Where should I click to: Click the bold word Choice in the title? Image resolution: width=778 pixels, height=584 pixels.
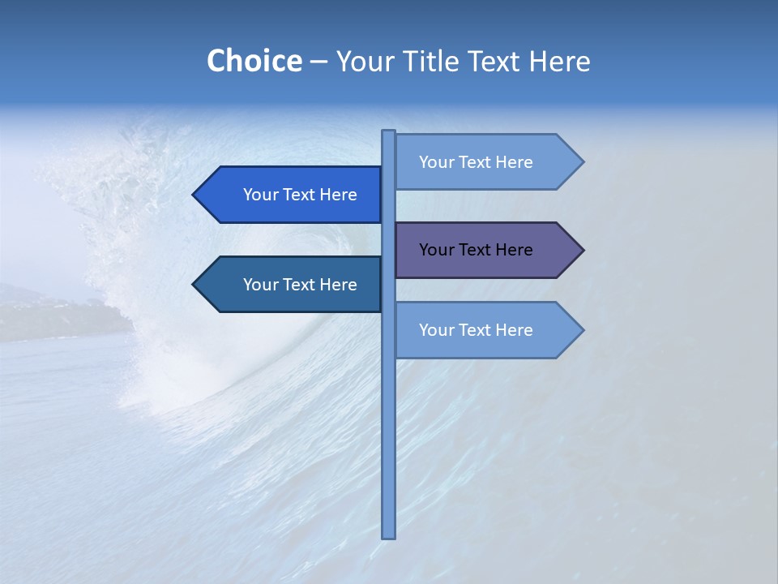coord(254,61)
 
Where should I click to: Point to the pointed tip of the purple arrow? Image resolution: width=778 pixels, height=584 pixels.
coord(582,250)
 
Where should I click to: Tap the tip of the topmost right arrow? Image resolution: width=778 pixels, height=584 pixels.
coord(582,162)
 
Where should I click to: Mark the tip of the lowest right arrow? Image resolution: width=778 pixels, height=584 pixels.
coord(582,330)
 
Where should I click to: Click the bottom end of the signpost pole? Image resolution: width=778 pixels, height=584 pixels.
coord(388,535)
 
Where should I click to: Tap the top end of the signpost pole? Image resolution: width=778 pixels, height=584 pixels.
coord(388,133)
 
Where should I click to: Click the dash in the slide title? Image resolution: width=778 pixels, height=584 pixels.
coord(318,62)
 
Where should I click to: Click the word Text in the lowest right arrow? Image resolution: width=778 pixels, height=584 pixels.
coord(477,330)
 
